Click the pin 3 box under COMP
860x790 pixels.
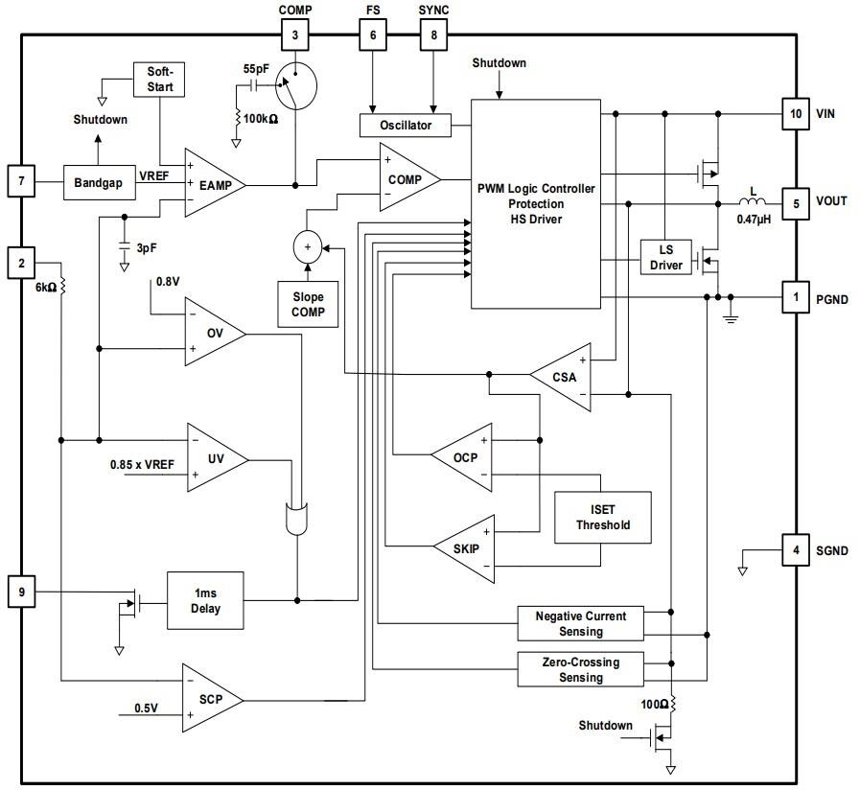(x=295, y=36)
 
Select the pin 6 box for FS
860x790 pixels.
(x=373, y=36)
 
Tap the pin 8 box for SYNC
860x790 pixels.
(x=433, y=36)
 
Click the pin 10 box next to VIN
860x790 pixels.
(x=795, y=113)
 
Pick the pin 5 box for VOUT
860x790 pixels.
(x=795, y=202)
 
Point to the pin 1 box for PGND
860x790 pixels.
(x=795, y=297)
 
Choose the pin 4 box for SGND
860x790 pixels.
(x=795, y=550)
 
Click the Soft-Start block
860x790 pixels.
(x=159, y=80)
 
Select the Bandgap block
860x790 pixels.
(x=100, y=182)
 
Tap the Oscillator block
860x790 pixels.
(x=406, y=126)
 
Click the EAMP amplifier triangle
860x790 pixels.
(x=211, y=183)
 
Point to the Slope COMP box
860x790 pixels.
(x=308, y=304)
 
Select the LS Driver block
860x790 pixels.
(x=666, y=257)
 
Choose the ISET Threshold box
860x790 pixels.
(x=603, y=518)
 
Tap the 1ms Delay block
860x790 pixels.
(x=205, y=600)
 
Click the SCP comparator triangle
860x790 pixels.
(x=210, y=699)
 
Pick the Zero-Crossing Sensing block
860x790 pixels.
(x=580, y=669)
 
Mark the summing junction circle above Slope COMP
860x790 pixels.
(x=308, y=246)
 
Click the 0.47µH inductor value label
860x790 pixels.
(x=755, y=220)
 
